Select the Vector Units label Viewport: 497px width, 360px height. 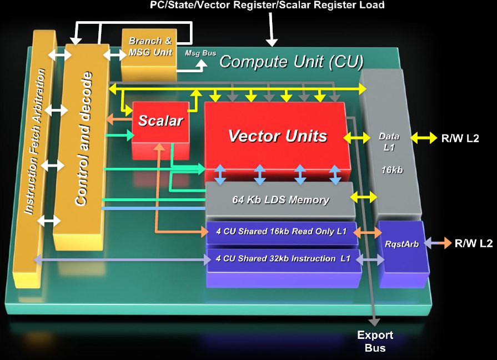pos(278,136)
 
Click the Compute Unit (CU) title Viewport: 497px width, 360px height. pos(291,61)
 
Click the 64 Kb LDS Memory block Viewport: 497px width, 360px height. pos(280,199)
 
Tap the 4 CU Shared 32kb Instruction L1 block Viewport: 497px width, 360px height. pos(283,258)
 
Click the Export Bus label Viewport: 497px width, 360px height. pos(375,341)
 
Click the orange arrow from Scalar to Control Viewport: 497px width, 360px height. pos(117,118)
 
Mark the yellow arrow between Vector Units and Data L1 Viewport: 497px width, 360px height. pos(357,137)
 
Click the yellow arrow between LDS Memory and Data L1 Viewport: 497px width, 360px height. pos(364,196)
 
